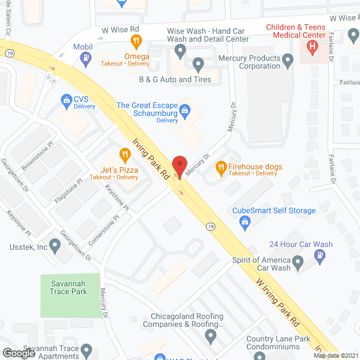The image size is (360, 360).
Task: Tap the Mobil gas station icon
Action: [x=85, y=57]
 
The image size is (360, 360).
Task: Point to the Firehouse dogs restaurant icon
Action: [x=221, y=167]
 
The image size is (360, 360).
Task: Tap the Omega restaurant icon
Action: [x=136, y=40]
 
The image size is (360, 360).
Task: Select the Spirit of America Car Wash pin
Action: [x=299, y=261]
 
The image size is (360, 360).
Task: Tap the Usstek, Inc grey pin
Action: [x=55, y=245]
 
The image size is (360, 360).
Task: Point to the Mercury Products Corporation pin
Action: [x=288, y=58]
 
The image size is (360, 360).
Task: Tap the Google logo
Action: [x=18, y=353]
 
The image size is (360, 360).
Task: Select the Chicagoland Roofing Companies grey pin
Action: [x=211, y=336]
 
